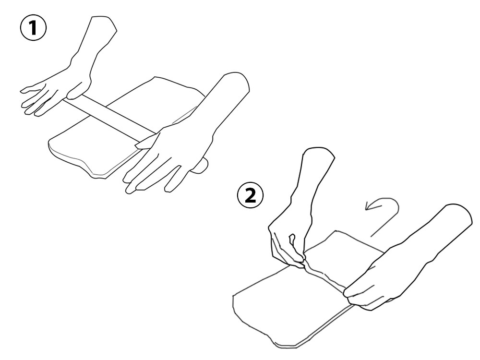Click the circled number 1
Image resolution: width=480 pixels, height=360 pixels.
pos(33,28)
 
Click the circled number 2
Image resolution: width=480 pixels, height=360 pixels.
pos(251,196)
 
